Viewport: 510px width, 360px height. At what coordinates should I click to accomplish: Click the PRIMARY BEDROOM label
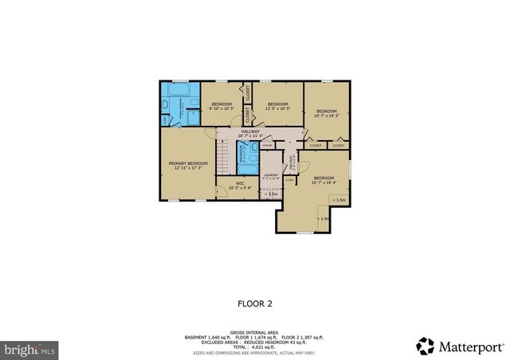(187, 162)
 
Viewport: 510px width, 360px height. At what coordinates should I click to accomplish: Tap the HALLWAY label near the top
(250, 131)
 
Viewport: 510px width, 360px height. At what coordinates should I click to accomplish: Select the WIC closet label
(239, 184)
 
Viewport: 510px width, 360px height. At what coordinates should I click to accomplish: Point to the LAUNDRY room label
(271, 175)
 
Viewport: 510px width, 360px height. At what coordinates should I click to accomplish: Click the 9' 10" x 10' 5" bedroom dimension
(221, 108)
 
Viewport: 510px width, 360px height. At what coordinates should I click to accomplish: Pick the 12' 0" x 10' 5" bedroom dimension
(277, 108)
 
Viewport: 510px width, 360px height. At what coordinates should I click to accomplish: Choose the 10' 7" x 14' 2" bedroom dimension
(327, 115)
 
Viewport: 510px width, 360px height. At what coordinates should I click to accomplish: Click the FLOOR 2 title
(255, 303)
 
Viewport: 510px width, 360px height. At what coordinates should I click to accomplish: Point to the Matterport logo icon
(426, 346)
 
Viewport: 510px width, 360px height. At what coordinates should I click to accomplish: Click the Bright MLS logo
(30, 349)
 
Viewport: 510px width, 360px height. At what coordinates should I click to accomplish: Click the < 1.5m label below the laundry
(271, 194)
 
